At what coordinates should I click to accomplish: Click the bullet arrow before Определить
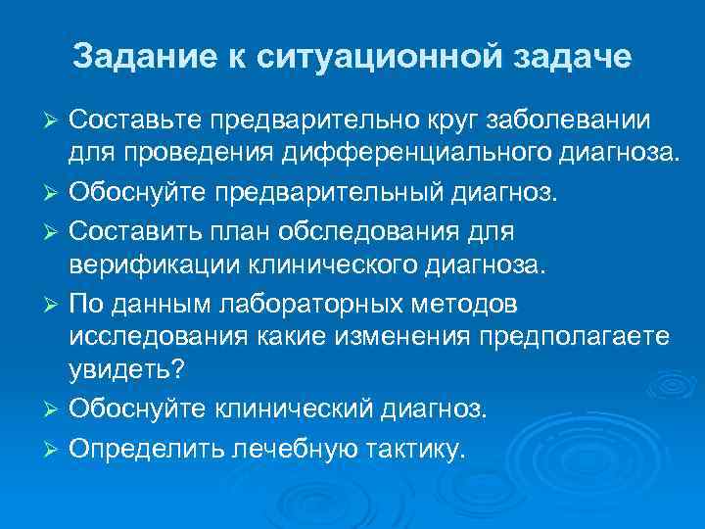pyautogui.click(x=54, y=449)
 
